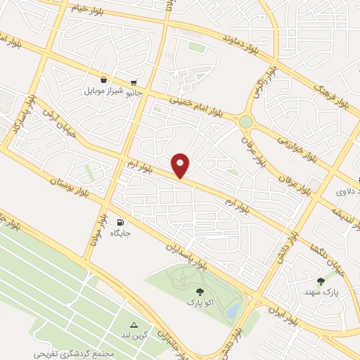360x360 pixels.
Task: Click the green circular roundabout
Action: pos(245,122)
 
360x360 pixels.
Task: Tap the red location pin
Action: pos(181,165)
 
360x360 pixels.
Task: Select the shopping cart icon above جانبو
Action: pos(134,82)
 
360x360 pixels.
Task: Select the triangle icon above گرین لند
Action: pos(135,325)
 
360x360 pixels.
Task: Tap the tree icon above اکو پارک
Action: pos(199,290)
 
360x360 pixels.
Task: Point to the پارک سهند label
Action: pos(322,291)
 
